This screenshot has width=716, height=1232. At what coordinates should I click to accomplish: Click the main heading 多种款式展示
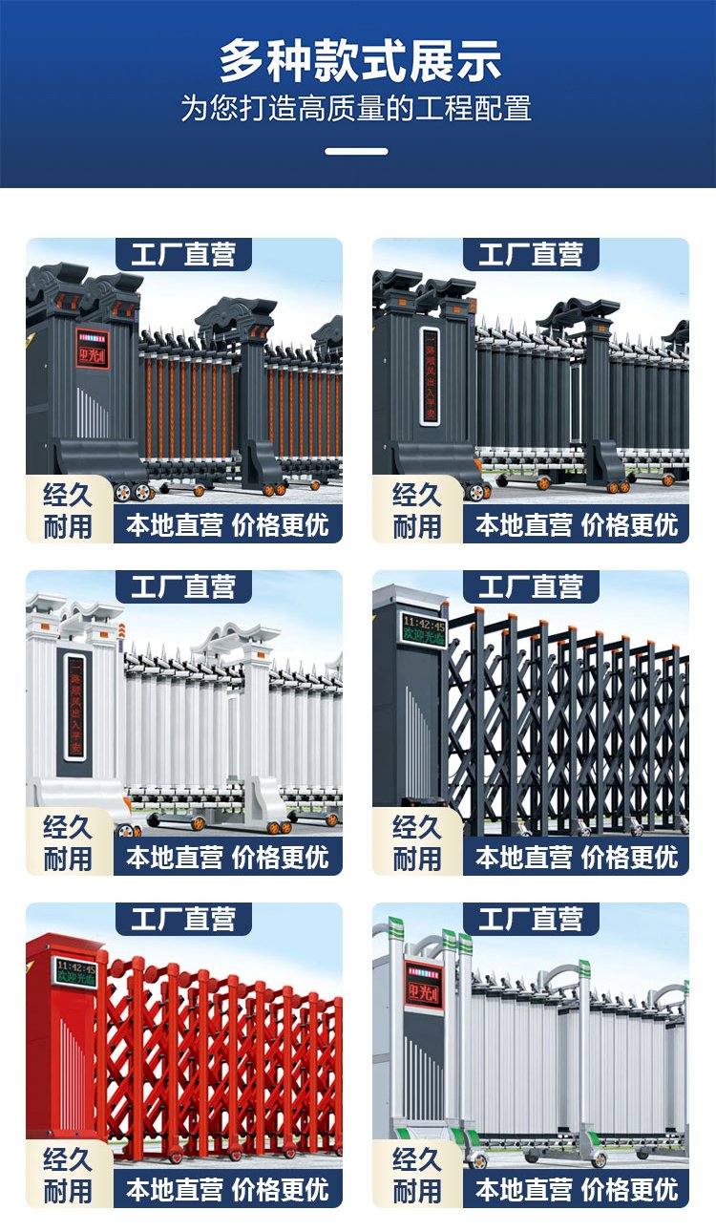click(359, 61)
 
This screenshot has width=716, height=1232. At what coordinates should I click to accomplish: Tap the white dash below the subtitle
click(356, 151)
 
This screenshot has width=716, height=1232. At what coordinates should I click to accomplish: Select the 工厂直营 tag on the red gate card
click(183, 920)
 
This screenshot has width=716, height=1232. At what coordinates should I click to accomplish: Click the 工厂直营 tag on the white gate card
click(183, 587)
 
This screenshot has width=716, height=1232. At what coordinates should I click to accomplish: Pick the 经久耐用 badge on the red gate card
click(68, 1175)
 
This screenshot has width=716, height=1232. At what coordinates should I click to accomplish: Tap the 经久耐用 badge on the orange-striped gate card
click(68, 510)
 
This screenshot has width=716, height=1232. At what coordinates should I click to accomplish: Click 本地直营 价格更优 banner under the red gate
click(227, 1189)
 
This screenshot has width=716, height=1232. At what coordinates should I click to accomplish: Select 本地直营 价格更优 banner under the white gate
click(227, 857)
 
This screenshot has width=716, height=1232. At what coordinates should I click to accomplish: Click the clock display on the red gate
click(74, 971)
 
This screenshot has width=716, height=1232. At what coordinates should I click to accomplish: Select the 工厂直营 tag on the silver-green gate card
click(531, 920)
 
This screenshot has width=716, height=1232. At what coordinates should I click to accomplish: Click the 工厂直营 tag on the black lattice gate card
click(531, 587)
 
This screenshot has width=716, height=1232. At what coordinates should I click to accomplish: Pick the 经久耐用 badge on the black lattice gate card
click(416, 842)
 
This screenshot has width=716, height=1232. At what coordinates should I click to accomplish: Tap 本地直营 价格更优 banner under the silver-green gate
click(577, 1189)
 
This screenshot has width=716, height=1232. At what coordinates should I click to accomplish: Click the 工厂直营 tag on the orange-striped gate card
click(183, 255)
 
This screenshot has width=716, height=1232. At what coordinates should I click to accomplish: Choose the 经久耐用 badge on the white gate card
click(68, 842)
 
